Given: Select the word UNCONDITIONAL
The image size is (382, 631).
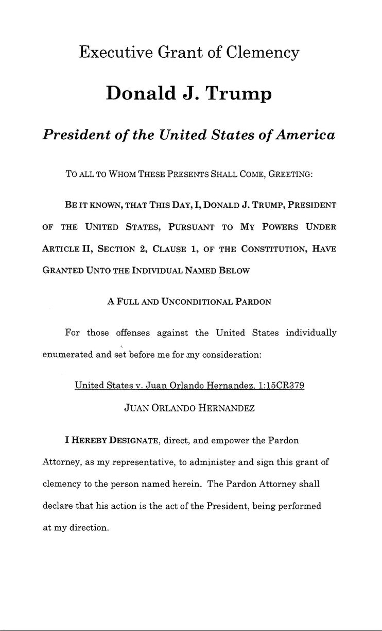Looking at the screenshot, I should (198, 302).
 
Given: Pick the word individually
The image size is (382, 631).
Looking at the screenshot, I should (311, 333).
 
